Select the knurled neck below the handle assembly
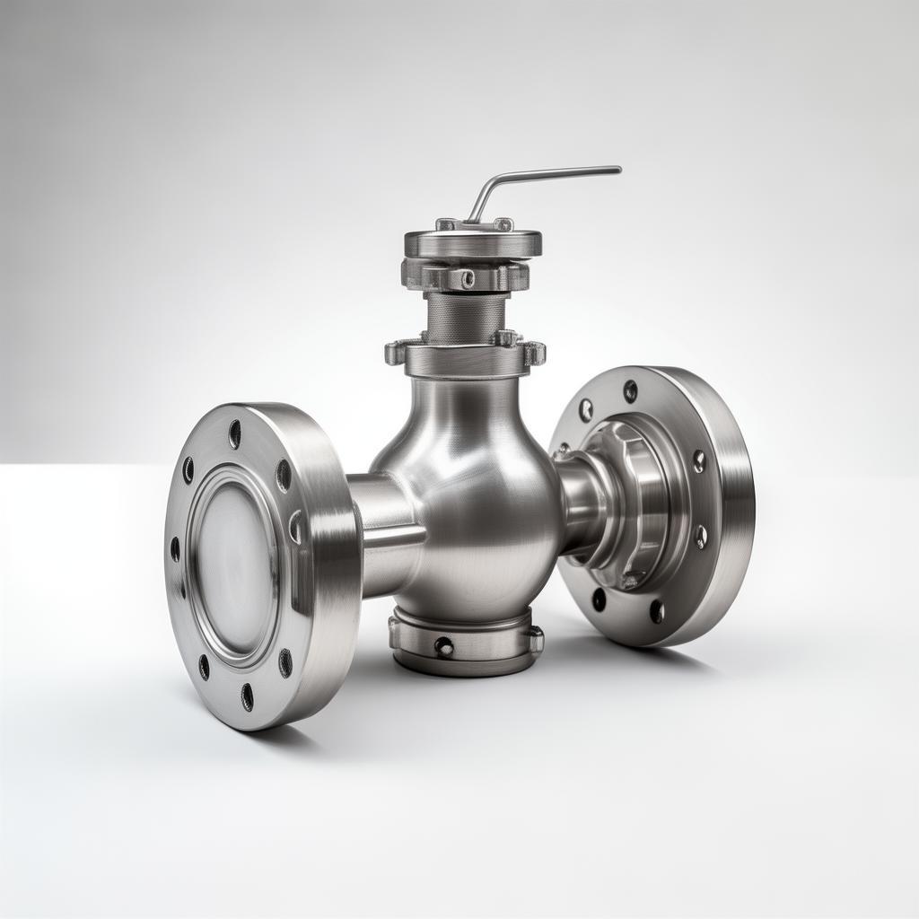tap(465, 317)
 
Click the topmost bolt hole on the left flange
tap(234, 434)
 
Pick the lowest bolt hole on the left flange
tap(247, 696)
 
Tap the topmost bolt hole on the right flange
tap(630, 390)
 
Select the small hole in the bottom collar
tap(442, 645)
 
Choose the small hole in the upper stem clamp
tap(467, 279)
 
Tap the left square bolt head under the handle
tap(446, 224)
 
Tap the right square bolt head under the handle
tap(503, 224)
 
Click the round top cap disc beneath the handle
tap(473, 243)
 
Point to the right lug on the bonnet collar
tap(533, 353)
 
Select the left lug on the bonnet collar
tap(396, 352)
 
